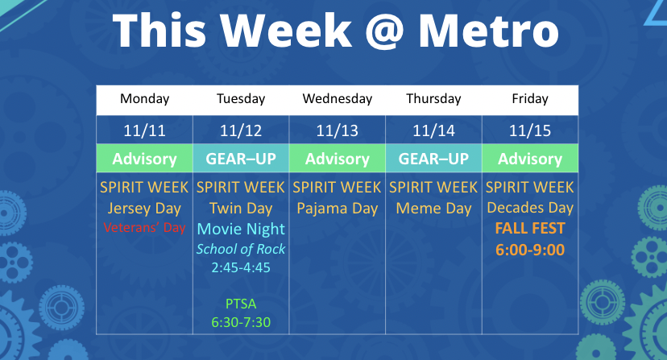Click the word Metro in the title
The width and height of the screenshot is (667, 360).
488,31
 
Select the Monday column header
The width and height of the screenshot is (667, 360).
145,99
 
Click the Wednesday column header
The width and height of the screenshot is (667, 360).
338,99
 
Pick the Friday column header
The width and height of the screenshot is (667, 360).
530,99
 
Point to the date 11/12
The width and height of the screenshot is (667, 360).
241,130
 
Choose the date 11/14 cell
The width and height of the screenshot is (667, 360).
433,130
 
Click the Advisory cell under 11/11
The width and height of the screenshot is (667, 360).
145,159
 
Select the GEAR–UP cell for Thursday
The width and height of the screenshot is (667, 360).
433,159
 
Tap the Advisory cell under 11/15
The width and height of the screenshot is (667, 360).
530,159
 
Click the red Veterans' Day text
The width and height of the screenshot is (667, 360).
145,228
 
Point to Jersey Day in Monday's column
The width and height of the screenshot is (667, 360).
145,209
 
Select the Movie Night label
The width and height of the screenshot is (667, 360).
241,229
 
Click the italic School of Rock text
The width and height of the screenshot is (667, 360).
241,249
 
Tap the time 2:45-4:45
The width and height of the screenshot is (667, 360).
241,267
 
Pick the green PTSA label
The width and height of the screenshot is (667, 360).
241,304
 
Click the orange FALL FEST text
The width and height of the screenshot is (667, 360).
530,229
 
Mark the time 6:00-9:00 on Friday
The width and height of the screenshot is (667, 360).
530,250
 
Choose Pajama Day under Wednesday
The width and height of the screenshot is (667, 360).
338,209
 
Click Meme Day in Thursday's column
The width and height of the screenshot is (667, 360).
433,209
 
